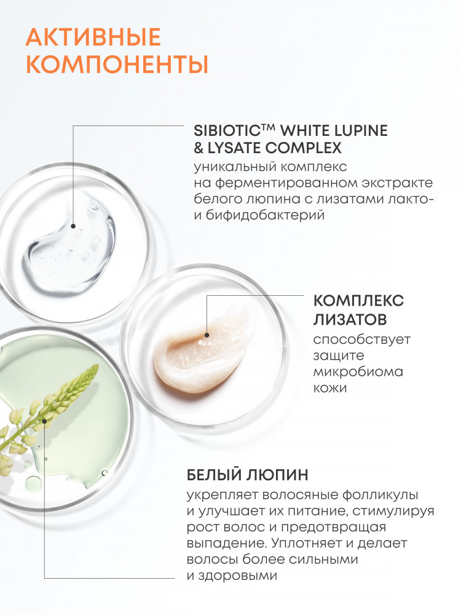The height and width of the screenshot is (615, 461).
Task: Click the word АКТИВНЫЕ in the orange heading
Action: (x=93, y=38)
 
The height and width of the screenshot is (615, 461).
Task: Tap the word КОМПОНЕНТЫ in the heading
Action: (x=117, y=65)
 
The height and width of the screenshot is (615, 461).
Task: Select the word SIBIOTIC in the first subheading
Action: (x=228, y=130)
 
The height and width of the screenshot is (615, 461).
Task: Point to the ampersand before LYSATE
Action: (x=199, y=148)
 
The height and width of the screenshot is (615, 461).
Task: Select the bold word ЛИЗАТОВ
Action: (x=350, y=319)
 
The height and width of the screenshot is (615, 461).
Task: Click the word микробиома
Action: (x=358, y=371)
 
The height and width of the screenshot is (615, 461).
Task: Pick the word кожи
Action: (x=330, y=388)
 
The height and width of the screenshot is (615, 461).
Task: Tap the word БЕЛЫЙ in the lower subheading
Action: (x=214, y=475)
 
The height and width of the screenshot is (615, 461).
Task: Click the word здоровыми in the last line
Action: (x=237, y=576)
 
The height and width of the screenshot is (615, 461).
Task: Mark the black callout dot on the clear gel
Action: (x=73, y=226)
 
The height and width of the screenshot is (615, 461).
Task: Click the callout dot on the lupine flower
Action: (x=45, y=421)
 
